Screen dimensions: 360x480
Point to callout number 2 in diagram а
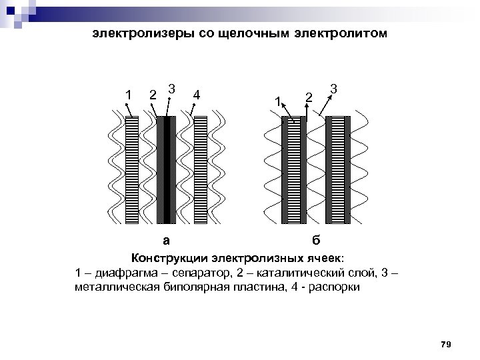click(x=153, y=94)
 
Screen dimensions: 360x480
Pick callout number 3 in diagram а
click(x=172, y=88)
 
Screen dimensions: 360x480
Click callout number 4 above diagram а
click(x=196, y=94)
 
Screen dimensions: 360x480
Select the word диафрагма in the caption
click(x=121, y=273)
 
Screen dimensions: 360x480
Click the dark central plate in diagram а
click(x=166, y=171)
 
